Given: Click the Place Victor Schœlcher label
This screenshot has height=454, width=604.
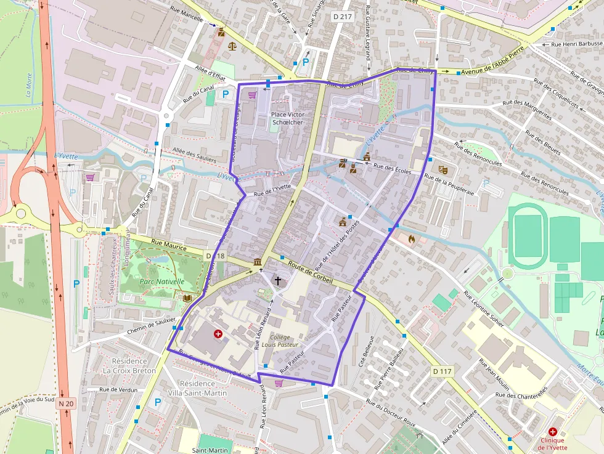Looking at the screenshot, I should (287, 118).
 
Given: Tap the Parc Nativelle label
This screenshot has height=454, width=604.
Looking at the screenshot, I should (162, 282).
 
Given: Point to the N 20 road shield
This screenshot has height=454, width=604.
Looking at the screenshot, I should (66, 403).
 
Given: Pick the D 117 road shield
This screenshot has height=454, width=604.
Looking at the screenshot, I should (443, 371).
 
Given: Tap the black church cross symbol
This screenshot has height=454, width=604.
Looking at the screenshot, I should (278, 281).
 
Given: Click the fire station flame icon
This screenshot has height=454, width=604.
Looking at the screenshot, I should (412, 238).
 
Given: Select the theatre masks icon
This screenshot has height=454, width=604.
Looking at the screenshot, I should (442, 169).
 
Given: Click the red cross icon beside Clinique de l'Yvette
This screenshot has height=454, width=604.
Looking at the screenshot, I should (552, 432).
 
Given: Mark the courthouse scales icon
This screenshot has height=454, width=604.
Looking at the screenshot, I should (232, 45).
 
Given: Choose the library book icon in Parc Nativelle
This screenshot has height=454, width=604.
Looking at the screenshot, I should (187, 298).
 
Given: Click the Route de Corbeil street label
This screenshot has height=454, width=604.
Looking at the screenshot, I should (311, 274).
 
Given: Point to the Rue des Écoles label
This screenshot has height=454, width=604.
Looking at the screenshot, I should (392, 167).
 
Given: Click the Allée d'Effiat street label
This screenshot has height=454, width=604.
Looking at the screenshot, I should (210, 75).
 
